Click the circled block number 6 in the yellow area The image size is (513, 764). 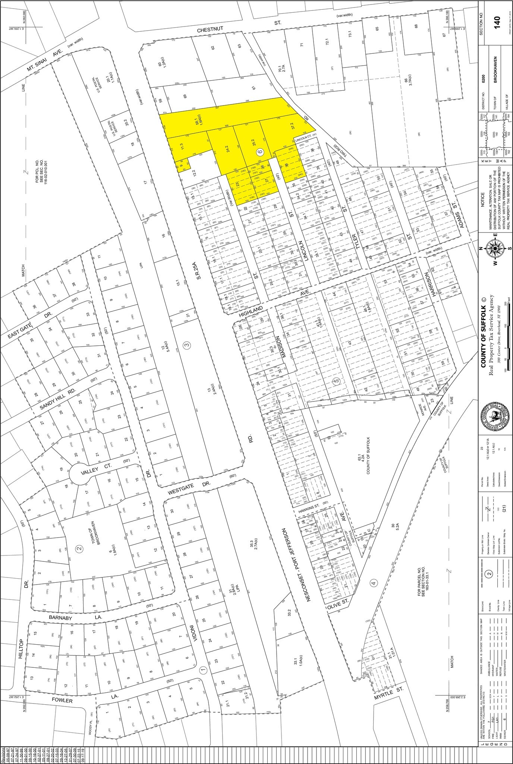tap(260, 152)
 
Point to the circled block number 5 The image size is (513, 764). tap(336, 381)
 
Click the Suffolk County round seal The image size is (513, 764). tap(494, 418)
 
